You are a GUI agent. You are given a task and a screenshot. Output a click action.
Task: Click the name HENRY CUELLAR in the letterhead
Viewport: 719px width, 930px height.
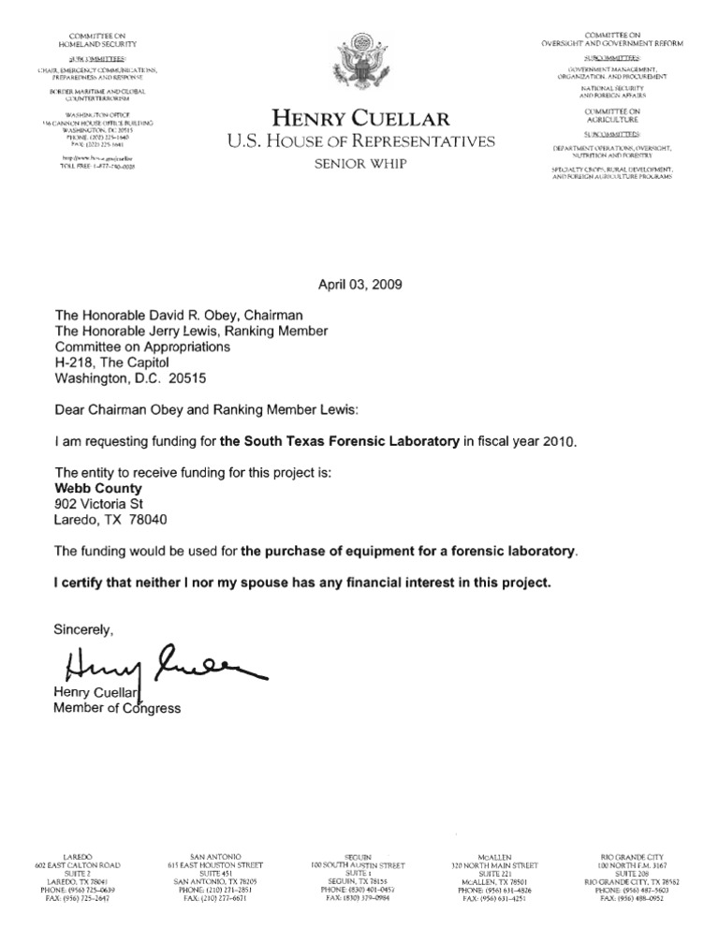(x=360, y=119)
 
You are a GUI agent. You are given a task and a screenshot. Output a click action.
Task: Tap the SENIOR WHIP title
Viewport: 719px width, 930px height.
(x=360, y=165)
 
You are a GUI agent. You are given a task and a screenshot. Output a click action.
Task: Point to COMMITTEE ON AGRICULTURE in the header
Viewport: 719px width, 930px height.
(x=609, y=116)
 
